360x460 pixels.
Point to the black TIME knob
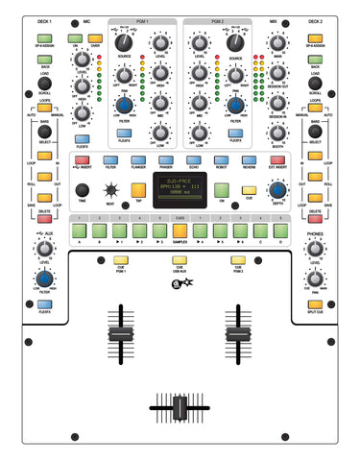click(x=83, y=189)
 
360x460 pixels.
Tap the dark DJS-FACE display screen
click(x=180, y=187)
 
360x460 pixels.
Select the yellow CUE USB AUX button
click(x=180, y=259)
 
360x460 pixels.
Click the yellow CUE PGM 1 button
click(x=120, y=259)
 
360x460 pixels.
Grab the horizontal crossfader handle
click(x=180, y=409)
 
